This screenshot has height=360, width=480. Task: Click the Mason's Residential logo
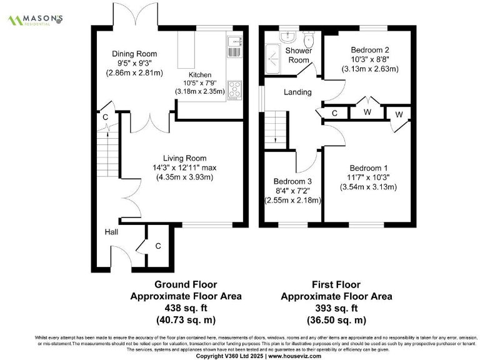click(35, 19)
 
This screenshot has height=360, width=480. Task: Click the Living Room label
click(184, 158)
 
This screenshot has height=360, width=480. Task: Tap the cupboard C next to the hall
click(158, 246)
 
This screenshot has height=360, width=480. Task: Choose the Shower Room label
click(298, 55)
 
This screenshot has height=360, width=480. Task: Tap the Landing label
click(297, 92)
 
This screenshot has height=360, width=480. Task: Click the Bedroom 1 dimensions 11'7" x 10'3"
click(368, 177)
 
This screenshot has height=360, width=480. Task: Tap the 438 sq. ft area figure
click(185, 308)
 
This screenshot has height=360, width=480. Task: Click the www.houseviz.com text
click(294, 356)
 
